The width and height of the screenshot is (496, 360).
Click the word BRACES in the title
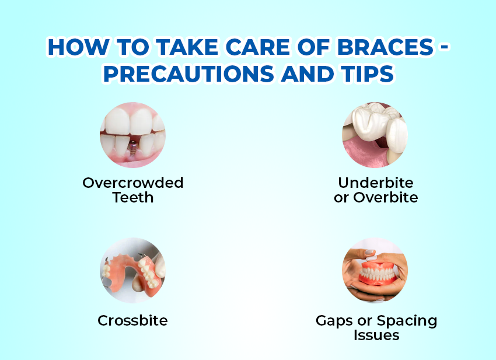(x=385, y=47)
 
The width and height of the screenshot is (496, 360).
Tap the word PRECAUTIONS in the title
(x=188, y=74)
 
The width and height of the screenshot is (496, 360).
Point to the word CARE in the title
(x=258, y=47)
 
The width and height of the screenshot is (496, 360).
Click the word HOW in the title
(x=78, y=47)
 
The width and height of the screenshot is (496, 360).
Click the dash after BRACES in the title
(x=444, y=47)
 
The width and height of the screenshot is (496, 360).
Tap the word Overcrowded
(x=133, y=183)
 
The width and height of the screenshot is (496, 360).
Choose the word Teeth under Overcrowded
(x=133, y=197)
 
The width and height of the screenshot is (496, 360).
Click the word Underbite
(x=376, y=183)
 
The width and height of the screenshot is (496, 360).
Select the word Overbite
(x=386, y=197)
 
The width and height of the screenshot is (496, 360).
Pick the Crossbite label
(x=132, y=320)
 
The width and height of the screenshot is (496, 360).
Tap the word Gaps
(x=334, y=321)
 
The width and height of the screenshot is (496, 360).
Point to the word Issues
(x=376, y=335)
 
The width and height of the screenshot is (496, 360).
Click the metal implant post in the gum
(x=133, y=147)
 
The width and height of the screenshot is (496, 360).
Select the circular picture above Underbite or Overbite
(x=375, y=135)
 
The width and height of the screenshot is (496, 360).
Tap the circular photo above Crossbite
(x=133, y=271)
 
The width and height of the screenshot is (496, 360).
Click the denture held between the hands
(x=378, y=272)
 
